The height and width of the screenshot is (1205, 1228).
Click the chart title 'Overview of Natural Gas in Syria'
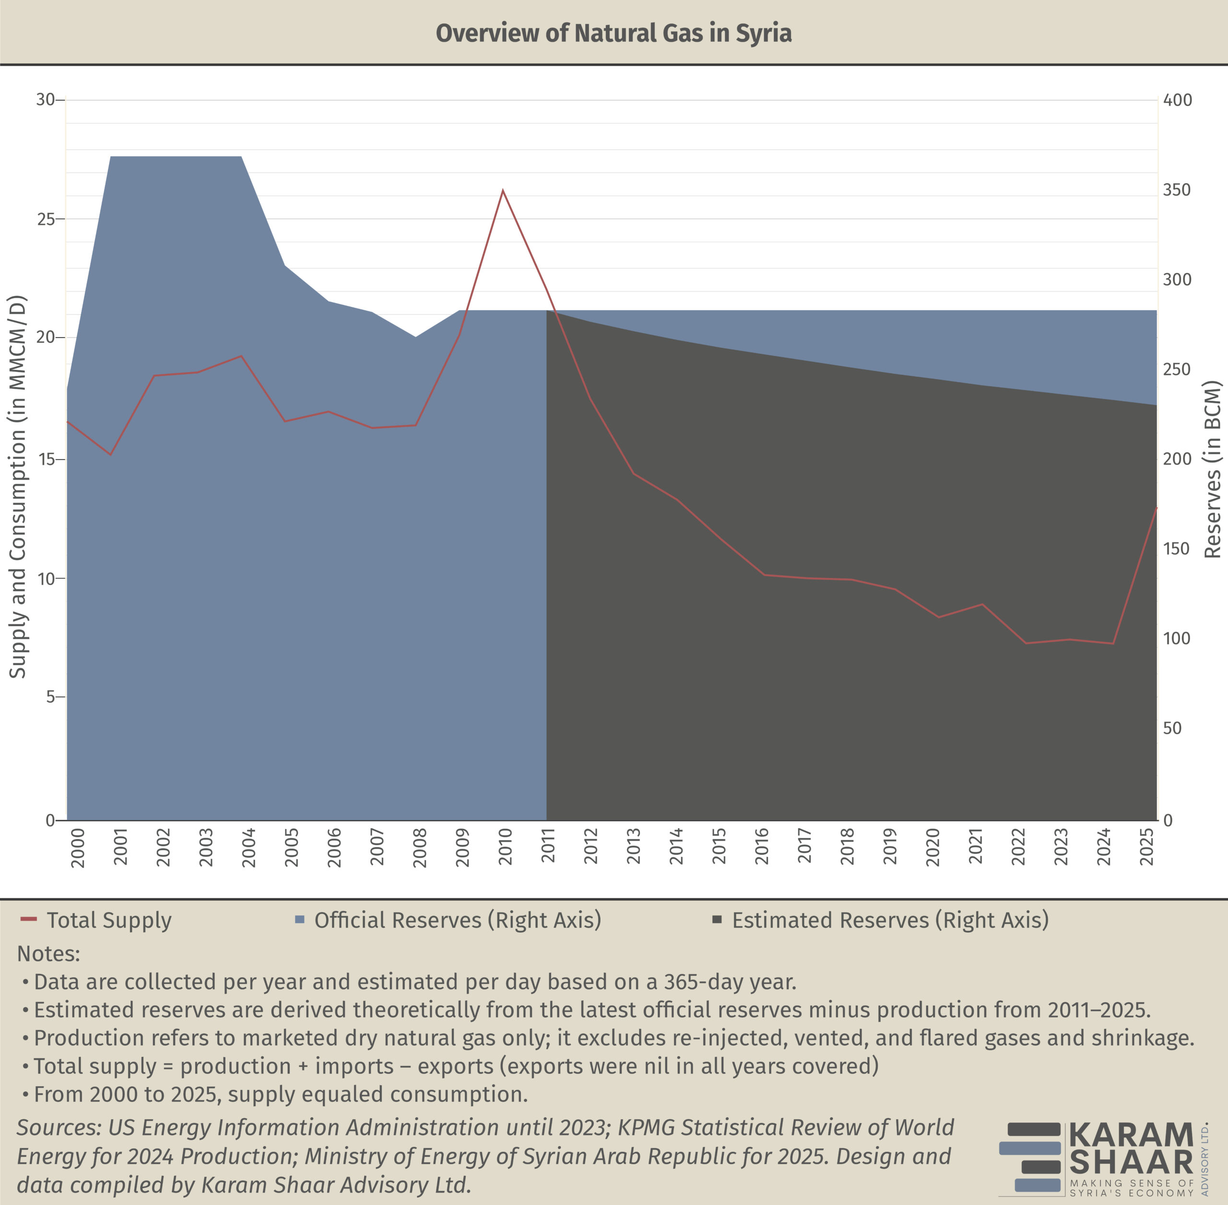pyautogui.click(x=614, y=33)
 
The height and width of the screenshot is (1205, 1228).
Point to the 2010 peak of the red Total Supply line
pyautogui.click(x=503, y=190)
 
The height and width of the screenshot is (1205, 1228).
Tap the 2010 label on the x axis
pyautogui.click(x=505, y=847)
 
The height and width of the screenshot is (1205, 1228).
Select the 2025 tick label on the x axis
pyautogui.click(x=1146, y=847)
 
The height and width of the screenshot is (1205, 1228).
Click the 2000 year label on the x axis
pyautogui.click(x=77, y=847)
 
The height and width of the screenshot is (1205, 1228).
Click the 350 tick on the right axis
pyautogui.click(x=1177, y=190)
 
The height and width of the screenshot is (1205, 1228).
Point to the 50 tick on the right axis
pyautogui.click(x=1172, y=728)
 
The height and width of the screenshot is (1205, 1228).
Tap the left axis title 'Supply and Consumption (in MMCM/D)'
pyautogui.click(x=18, y=487)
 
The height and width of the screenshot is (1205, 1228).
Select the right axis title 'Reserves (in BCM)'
pyautogui.click(x=1212, y=469)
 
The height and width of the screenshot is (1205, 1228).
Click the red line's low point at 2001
pyautogui.click(x=111, y=455)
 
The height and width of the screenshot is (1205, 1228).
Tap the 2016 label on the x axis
pyautogui.click(x=761, y=847)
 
